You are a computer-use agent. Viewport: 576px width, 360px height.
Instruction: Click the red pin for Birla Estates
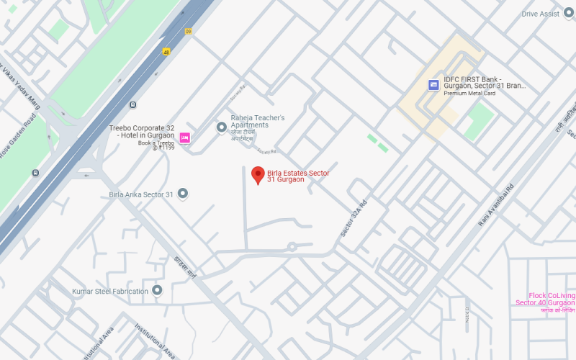point(258,174)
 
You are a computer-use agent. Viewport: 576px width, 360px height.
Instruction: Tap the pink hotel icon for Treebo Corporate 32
point(184,138)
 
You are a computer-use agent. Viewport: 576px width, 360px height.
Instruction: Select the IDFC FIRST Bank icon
point(433,85)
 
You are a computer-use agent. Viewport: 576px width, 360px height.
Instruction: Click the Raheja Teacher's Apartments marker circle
point(222,127)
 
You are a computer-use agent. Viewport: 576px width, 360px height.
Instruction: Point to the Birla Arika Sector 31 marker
point(183,194)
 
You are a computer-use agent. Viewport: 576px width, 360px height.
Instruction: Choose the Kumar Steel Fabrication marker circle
point(157,290)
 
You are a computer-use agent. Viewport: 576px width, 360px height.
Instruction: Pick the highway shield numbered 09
point(188,31)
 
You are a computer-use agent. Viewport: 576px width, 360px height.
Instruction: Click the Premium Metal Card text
point(469,94)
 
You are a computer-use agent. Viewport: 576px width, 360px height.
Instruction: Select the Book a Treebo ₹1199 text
point(156,145)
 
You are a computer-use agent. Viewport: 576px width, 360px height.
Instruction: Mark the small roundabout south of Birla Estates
point(292,247)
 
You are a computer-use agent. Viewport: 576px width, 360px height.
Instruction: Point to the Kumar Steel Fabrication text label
point(109,292)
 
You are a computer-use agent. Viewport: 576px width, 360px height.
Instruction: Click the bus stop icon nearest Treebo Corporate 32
point(132,105)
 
